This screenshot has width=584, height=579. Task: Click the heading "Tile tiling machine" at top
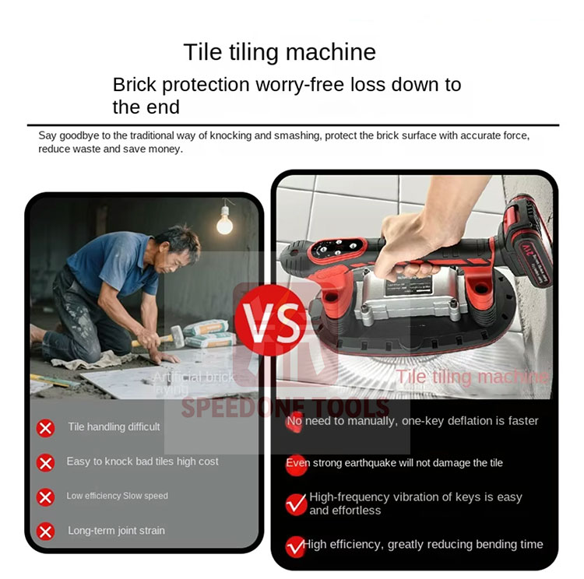point(280,52)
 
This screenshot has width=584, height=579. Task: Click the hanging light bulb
point(224,223)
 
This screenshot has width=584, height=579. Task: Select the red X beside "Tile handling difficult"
point(46,427)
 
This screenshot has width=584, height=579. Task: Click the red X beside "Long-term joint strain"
point(46,532)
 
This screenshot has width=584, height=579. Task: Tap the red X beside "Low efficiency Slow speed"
point(46,497)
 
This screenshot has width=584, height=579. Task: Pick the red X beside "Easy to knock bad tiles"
point(46,462)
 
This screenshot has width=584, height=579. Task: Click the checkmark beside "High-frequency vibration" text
point(296,504)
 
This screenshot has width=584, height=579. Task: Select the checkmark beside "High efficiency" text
point(295,546)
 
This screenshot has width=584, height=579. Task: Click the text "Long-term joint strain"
point(116,531)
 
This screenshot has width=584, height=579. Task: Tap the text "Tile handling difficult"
point(114,426)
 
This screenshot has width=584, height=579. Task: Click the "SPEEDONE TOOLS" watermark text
point(285,407)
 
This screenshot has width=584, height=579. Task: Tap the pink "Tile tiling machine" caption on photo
point(472,377)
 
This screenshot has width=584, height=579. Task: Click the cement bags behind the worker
point(207,334)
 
